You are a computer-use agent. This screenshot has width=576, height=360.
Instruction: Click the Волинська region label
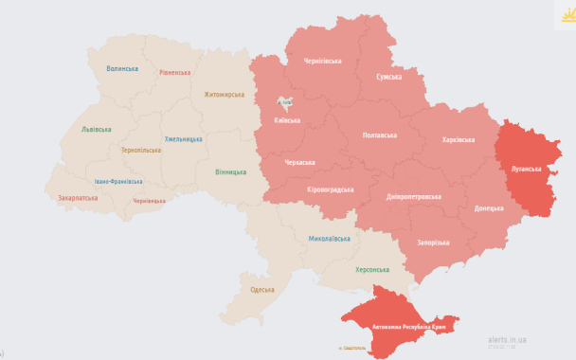(x=122, y=69)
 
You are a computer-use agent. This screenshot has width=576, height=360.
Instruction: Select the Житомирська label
(x=224, y=95)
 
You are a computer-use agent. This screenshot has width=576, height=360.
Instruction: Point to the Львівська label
(x=96, y=129)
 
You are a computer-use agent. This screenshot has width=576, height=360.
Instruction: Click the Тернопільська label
(x=140, y=150)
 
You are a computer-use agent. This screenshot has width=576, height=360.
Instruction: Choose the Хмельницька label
(x=183, y=139)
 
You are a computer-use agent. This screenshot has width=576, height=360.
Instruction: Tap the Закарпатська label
(x=78, y=198)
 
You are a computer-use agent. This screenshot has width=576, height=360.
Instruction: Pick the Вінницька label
(x=230, y=171)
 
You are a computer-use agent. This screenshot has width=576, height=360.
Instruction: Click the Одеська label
(x=261, y=289)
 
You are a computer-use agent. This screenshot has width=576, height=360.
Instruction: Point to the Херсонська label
(x=371, y=269)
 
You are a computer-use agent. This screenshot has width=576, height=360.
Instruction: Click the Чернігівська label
(x=322, y=61)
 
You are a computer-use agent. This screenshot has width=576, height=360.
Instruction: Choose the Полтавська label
(x=381, y=135)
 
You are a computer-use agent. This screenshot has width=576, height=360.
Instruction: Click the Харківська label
(x=459, y=140)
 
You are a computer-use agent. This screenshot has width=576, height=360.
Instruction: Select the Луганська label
(x=525, y=171)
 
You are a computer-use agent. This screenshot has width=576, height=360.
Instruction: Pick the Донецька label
(x=489, y=207)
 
